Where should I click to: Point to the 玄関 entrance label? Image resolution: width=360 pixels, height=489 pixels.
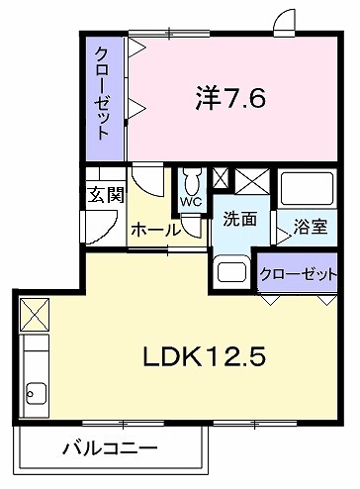(104, 195)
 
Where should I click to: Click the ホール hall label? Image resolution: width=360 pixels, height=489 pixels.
(155, 230)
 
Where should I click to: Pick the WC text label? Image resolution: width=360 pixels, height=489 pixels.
(190, 204)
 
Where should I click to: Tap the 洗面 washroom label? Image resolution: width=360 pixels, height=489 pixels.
(240, 220)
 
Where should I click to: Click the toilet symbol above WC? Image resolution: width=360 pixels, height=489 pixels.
(190, 182)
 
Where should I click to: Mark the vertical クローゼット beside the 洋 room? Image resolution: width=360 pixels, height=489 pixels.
(102, 95)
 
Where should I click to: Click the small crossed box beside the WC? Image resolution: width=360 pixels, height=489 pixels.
(220, 181)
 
